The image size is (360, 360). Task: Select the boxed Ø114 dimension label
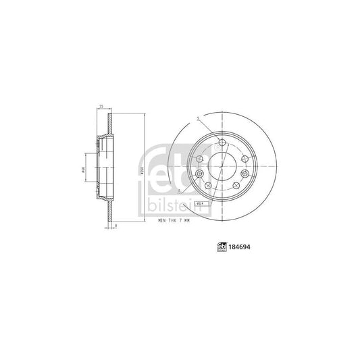(x=200, y=201)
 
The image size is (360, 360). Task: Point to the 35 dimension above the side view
(x=101, y=107)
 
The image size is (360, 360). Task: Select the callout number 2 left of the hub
(x=176, y=192)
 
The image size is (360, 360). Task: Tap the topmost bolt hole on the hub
(x=223, y=141)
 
